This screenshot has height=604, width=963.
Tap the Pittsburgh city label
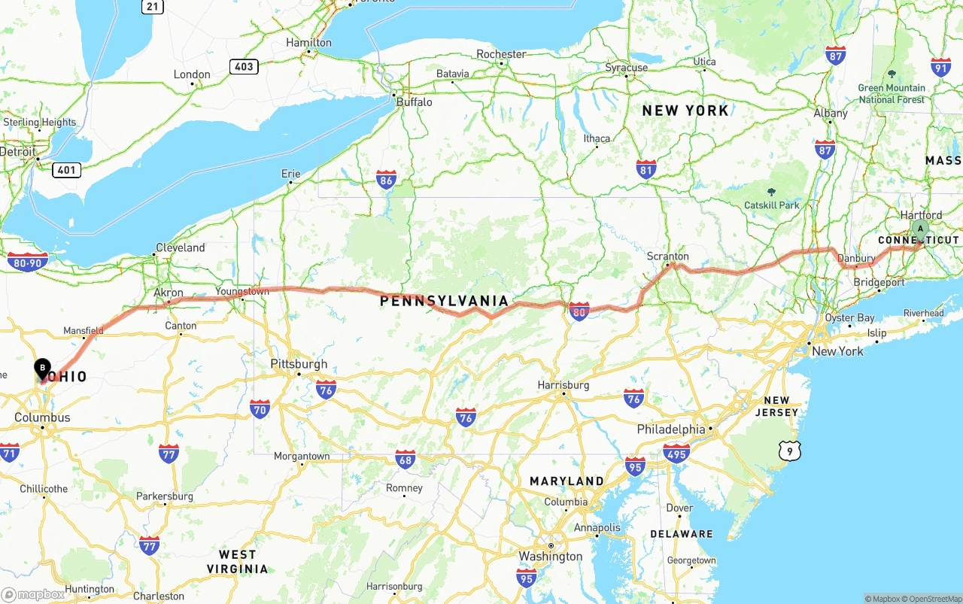click(299, 364)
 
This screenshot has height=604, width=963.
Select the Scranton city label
click(667, 256)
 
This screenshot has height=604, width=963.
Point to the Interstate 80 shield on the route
click(579, 311)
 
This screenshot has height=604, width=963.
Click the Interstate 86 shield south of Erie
click(387, 180)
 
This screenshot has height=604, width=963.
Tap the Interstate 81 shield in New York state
click(646, 168)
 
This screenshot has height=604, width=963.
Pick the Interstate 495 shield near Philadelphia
click(676, 453)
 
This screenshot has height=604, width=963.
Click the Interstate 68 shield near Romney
click(406, 459)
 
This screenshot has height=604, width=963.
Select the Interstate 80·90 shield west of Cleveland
click(28, 262)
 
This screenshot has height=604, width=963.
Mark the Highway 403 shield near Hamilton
click(244, 66)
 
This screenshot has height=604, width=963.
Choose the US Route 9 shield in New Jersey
click(789, 451)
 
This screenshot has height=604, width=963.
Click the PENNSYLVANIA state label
click(444, 301)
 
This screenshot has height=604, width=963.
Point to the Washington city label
click(550, 557)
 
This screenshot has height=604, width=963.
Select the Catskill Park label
click(771, 205)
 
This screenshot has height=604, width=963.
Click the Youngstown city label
click(242, 291)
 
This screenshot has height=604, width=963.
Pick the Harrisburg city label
click(563, 385)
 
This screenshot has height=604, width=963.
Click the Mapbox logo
click(33, 594)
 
